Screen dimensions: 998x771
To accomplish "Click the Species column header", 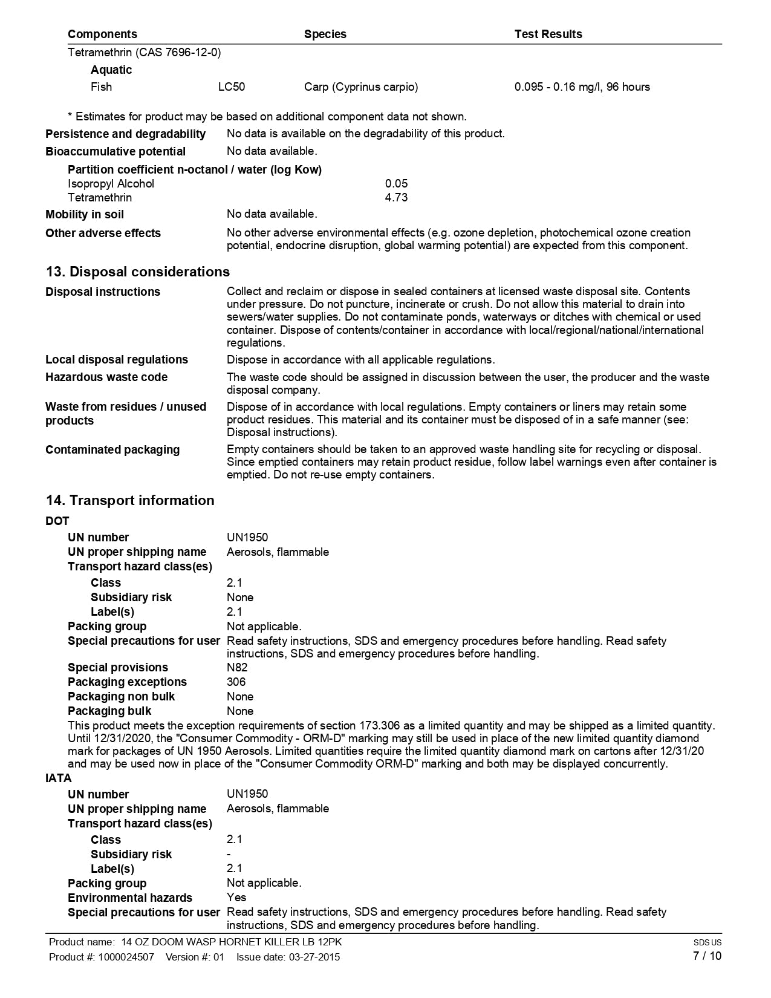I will click(x=325, y=34).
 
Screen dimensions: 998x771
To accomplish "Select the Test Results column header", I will click(x=548, y=34).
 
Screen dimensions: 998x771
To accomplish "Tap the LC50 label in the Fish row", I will click(x=232, y=87).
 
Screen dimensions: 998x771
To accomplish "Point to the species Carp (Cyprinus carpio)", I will click(x=361, y=87).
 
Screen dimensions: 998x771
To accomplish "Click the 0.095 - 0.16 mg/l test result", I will click(x=582, y=87).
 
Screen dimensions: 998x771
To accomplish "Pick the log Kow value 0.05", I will click(x=396, y=183).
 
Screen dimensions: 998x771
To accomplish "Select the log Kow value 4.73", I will click(x=396, y=197).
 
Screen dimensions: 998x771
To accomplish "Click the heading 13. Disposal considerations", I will click(x=138, y=272).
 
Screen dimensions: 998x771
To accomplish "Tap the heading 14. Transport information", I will click(x=130, y=500).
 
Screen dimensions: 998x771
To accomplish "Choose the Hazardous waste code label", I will click(x=106, y=377).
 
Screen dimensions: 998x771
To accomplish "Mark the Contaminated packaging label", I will click(x=112, y=449).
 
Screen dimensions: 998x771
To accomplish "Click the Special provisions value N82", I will click(x=237, y=667).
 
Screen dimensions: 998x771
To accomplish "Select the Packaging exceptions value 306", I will click(x=236, y=682).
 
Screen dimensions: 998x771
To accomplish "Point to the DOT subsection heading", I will click(x=57, y=521).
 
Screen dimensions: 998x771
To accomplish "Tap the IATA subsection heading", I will click(x=59, y=778).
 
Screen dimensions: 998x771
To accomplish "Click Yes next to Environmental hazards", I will click(x=236, y=898).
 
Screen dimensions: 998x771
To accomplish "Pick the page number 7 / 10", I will click(x=707, y=956).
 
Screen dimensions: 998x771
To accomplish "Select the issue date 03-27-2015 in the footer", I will click(x=314, y=957).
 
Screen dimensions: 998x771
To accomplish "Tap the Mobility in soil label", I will click(x=85, y=215).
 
